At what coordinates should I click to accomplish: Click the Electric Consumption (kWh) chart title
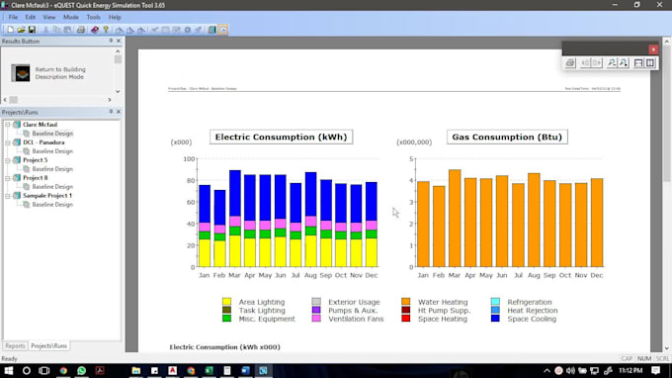(282, 137)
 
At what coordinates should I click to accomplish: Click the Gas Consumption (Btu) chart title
(493, 137)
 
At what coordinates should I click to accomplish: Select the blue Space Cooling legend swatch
(496, 319)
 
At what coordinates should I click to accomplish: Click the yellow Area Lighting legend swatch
(227, 302)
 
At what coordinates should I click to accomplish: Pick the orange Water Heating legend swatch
(406, 302)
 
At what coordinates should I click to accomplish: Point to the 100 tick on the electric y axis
(188, 158)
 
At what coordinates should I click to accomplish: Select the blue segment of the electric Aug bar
(311, 194)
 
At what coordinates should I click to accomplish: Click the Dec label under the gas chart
(596, 275)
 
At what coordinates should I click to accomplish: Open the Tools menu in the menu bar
(93, 17)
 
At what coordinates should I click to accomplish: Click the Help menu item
(115, 17)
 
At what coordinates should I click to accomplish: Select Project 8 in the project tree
(36, 177)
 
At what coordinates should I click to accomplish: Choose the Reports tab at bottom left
(15, 345)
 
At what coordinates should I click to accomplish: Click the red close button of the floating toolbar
(653, 48)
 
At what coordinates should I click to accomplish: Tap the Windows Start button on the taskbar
(9, 370)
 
